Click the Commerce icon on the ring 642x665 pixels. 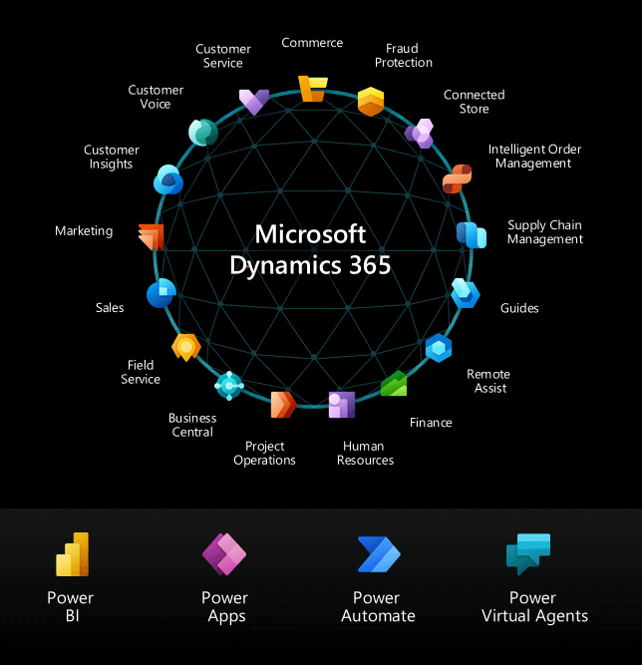click(312, 89)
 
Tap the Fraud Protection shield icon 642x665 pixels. click(371, 101)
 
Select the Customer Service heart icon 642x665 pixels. click(253, 101)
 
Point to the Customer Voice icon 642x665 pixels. click(203, 133)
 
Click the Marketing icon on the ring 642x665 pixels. click(151, 236)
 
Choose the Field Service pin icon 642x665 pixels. click(186, 347)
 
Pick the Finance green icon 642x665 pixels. click(394, 383)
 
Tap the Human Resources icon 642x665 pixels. click(342, 404)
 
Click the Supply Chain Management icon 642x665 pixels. click(471, 235)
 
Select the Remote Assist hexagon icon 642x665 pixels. click(439, 348)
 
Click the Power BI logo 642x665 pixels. click(72, 554)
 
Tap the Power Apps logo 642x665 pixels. click(224, 554)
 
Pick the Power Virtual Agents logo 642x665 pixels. click(528, 554)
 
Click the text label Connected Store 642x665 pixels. click(475, 102)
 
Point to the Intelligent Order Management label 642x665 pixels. click(534, 157)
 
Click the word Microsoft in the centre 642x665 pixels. click(311, 234)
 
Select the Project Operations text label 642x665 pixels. click(265, 454)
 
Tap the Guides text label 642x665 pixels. click(519, 308)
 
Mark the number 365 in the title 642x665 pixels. click(364, 266)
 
